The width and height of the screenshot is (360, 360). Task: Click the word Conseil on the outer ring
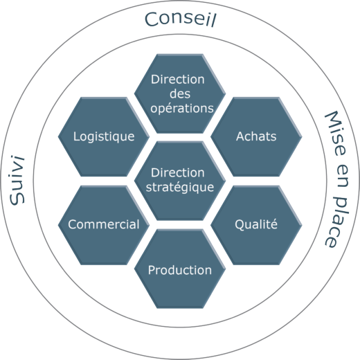pyautogui.click(x=180, y=19)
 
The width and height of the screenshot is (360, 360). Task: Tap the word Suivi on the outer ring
pyautogui.click(x=17, y=180)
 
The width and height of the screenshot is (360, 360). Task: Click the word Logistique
pyautogui.click(x=104, y=136)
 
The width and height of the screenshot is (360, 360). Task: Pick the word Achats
pyautogui.click(x=256, y=136)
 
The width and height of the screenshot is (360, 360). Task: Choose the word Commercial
pyautogui.click(x=104, y=224)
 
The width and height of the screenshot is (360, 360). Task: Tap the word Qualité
pyautogui.click(x=256, y=224)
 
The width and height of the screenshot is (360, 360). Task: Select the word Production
pyautogui.click(x=180, y=270)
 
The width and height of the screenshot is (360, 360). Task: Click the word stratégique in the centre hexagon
pyautogui.click(x=180, y=188)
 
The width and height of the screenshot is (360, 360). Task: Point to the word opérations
pyautogui.click(x=182, y=109)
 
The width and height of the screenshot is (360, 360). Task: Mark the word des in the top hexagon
pyautogui.click(x=180, y=93)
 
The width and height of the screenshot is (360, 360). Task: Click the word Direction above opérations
pyautogui.click(x=178, y=80)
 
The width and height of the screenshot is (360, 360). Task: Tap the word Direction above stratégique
pyautogui.click(x=178, y=172)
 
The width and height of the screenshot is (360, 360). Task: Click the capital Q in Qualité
pyautogui.click(x=240, y=225)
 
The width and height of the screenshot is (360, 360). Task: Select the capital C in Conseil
pyautogui.click(x=152, y=19)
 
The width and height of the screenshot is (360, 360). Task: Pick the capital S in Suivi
pyautogui.click(x=17, y=199)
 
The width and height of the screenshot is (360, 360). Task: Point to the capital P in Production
pyautogui.click(x=152, y=270)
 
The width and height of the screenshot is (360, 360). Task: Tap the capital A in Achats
pyautogui.click(x=240, y=136)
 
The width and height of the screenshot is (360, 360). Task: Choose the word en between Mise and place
pyautogui.click(x=342, y=176)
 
